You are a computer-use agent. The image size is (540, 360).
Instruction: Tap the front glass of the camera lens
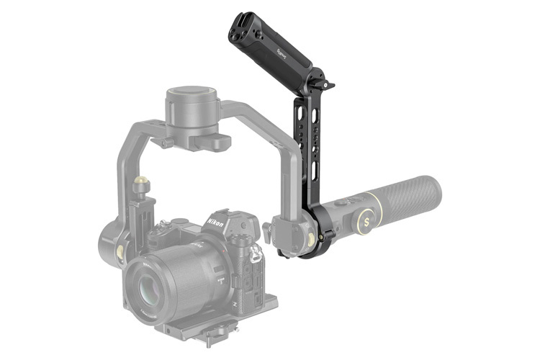coord(153,285)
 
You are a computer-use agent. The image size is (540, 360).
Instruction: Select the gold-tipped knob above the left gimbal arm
coord(142,183)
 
